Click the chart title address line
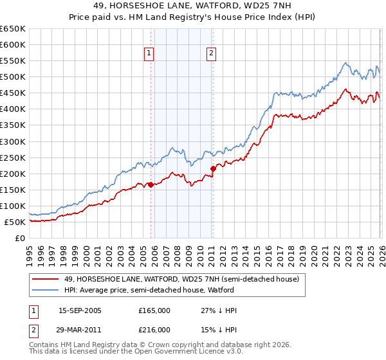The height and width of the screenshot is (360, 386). (192, 6)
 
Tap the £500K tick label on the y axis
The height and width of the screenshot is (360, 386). (12, 77)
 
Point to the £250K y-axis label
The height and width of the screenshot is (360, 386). (12, 157)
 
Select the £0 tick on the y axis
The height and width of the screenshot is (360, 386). (20, 238)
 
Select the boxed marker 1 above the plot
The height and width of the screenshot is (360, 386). (149, 54)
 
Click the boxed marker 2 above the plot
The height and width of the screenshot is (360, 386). (211, 54)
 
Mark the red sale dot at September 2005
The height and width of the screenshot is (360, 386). (151, 184)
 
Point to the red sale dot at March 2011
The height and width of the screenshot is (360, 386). (213, 168)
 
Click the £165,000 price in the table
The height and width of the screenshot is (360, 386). (154, 310)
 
